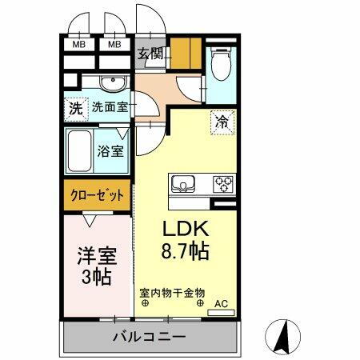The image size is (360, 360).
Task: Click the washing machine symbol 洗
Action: [75, 108]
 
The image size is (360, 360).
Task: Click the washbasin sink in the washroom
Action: [111, 84]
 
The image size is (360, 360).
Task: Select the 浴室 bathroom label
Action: [110, 150]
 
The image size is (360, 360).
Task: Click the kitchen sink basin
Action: [183, 183]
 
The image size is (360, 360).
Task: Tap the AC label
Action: [220, 304]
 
